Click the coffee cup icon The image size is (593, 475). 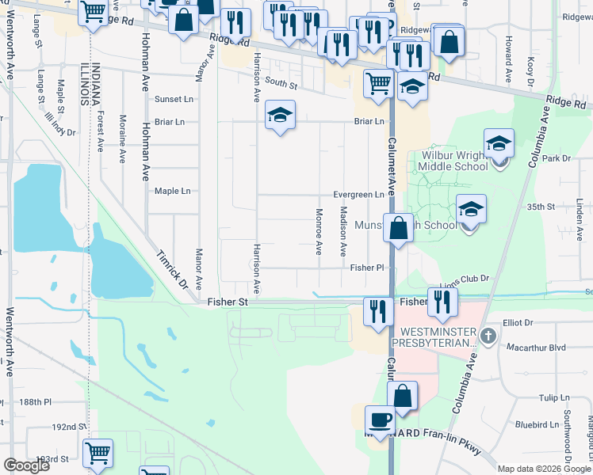(379, 420)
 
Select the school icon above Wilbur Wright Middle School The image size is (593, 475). (499, 144)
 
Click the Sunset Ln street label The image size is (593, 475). (174, 100)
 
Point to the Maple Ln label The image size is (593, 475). (172, 191)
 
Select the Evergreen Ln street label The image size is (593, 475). (358, 195)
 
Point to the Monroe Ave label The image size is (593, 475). (319, 231)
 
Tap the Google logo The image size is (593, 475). (26, 465)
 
